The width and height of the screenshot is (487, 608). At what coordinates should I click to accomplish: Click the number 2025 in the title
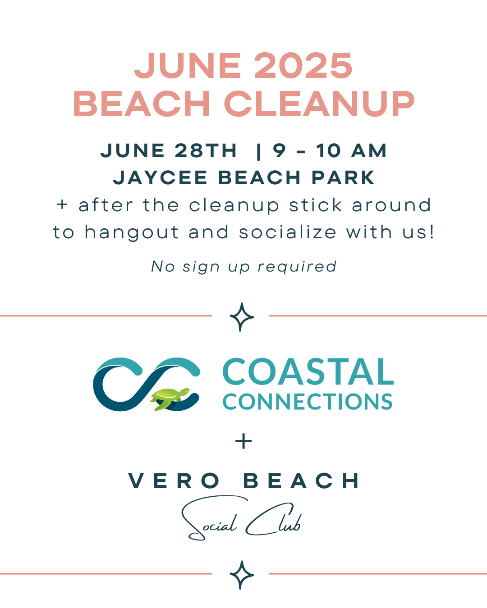click(303, 66)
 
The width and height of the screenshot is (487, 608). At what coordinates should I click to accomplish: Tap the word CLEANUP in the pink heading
click(319, 104)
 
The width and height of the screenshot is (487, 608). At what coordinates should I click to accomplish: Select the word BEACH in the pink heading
click(142, 104)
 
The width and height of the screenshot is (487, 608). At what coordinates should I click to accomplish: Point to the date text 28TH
click(206, 150)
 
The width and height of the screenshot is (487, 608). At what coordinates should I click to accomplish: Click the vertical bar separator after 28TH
click(258, 152)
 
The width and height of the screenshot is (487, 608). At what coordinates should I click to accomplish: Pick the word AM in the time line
click(369, 150)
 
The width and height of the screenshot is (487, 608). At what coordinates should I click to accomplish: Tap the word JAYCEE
click(160, 178)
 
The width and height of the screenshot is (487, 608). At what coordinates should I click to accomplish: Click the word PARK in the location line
click(343, 178)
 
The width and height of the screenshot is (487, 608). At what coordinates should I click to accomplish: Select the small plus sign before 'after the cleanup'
click(62, 204)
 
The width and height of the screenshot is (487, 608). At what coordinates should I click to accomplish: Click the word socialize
click(288, 232)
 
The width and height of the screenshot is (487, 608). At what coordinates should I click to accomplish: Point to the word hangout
click(132, 233)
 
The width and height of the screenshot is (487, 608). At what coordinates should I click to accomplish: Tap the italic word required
click(297, 267)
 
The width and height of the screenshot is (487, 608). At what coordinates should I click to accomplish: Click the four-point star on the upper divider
click(242, 317)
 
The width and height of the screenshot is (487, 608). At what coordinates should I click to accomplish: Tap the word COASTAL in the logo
click(308, 372)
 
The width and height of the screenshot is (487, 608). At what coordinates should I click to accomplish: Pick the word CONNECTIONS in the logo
click(308, 401)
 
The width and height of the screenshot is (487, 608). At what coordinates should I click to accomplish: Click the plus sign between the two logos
click(243, 441)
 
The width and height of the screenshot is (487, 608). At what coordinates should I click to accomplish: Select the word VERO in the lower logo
click(174, 481)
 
